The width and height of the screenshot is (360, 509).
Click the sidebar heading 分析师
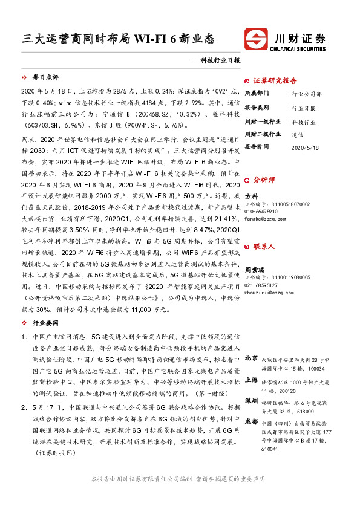click(x=264, y=180)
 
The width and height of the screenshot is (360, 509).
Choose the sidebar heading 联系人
click(x=264, y=247)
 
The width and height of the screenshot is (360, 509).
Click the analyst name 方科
click(x=251, y=196)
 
